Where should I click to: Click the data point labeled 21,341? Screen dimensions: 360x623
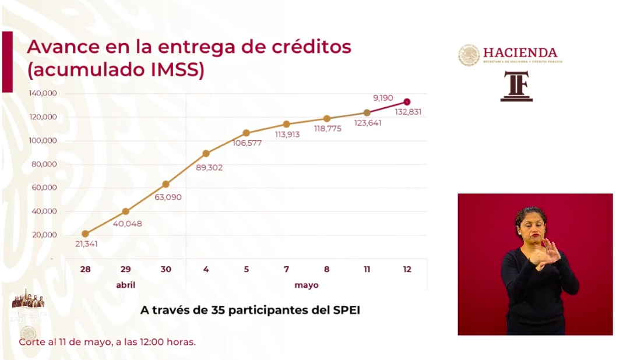pos(85,234)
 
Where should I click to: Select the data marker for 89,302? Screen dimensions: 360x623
pos(206,153)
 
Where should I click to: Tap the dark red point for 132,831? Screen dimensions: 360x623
pos(407,102)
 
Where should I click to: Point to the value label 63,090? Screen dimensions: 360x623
pos(167,197)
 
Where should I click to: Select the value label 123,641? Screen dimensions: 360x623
pos(367,123)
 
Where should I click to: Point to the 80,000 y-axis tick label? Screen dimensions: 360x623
pos(44,164)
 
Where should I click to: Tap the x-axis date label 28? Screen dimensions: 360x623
pos(85,269)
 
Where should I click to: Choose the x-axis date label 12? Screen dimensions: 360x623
pos(407,269)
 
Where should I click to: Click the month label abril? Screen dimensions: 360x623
pos(125,285)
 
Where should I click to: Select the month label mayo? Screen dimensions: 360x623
pos(306,285)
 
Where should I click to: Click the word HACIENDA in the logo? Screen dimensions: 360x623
pos(520,52)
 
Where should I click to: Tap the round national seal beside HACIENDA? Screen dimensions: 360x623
pos(469,55)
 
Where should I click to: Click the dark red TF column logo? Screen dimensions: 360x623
pos(516,86)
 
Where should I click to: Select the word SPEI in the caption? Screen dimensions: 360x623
pos(346,310)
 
